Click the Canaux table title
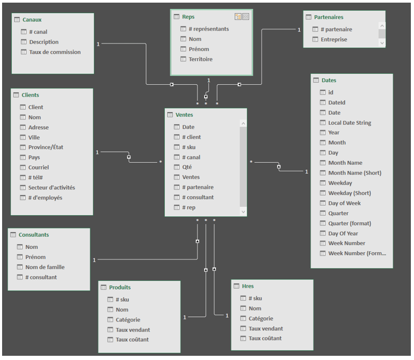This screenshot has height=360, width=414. point(32,19)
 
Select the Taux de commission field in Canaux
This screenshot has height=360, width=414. point(55,52)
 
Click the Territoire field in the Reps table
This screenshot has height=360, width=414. point(200,59)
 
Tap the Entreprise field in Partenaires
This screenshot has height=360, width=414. point(334,39)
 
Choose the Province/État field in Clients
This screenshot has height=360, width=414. point(45,147)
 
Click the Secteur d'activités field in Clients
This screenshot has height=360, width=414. point(51,187)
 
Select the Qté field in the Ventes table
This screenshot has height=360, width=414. point(187,167)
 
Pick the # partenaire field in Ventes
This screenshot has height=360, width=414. point(197,187)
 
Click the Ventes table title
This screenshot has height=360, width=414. point(184,115)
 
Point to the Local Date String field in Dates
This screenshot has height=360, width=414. point(349,123)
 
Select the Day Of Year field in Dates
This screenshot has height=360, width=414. point(343,233)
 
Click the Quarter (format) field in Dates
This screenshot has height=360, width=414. point(349,223)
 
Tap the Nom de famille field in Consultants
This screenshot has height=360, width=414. point(45,267)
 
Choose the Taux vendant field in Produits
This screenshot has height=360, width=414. point(133,329)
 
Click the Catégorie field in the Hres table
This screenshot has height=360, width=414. point(260,318)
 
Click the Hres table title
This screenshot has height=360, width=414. point(248,286)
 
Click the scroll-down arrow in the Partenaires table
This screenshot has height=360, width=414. point(382,43)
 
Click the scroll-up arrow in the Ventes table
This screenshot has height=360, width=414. point(243,124)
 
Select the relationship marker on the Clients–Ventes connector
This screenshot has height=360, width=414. point(129,157)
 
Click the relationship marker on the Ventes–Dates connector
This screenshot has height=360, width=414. point(279,167)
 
